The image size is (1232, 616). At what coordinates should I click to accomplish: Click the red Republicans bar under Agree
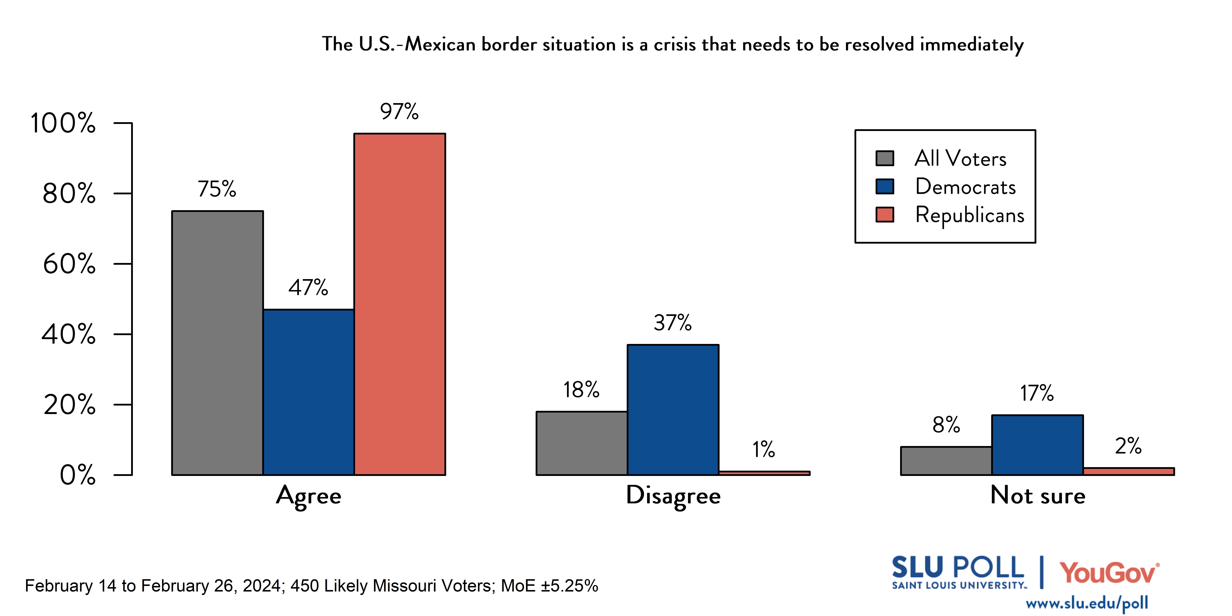tap(399, 304)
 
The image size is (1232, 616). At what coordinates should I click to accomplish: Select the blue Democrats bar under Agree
tap(308, 392)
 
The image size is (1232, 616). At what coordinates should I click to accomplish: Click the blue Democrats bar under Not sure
tap(1037, 445)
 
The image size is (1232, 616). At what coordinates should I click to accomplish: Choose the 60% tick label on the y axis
tap(69, 264)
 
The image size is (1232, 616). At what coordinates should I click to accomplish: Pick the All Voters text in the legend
tap(960, 158)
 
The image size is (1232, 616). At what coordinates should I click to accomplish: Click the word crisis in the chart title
tap(675, 44)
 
